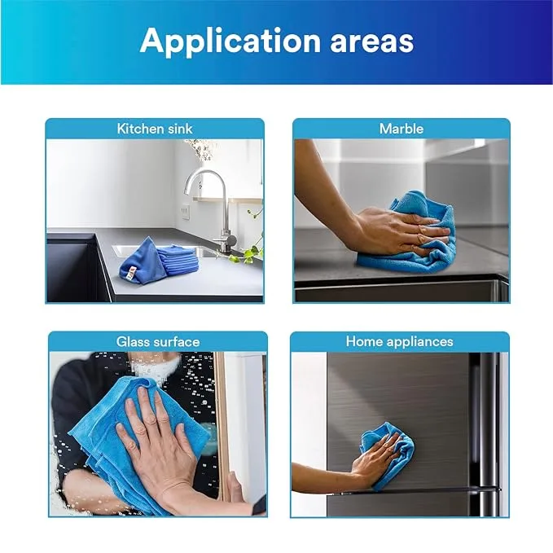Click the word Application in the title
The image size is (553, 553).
(230, 41)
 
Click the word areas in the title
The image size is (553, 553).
(371, 42)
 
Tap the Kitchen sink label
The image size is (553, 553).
(155, 129)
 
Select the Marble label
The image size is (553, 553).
(402, 129)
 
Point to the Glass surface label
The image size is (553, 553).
(158, 342)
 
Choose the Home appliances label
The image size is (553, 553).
(400, 341)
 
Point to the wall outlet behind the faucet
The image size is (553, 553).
(185, 212)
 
